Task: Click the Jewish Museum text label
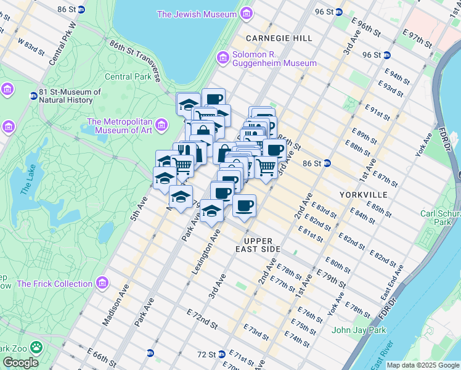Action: tap(197, 14)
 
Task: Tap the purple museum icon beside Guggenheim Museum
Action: tap(222, 59)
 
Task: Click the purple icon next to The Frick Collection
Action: tap(102, 284)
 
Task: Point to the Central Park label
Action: tap(128, 77)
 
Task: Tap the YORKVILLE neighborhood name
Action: tap(363, 195)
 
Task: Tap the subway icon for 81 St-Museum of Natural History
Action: tap(33, 96)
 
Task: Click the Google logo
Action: tap(20, 362)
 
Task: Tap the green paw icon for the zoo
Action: tap(37, 347)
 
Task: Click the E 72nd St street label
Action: tap(202, 319)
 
